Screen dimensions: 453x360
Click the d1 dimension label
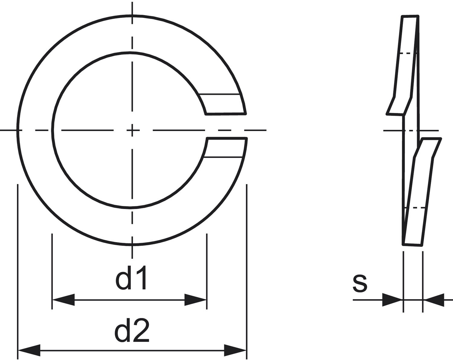point(131,278)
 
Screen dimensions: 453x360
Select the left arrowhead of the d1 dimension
point(63,300)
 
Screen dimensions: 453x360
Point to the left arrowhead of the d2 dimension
point(29,351)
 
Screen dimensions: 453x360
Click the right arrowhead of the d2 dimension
point(235,351)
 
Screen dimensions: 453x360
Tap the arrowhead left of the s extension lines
point(392,300)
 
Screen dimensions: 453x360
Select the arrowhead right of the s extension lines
point(434,300)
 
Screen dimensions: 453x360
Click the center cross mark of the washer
point(132,130)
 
